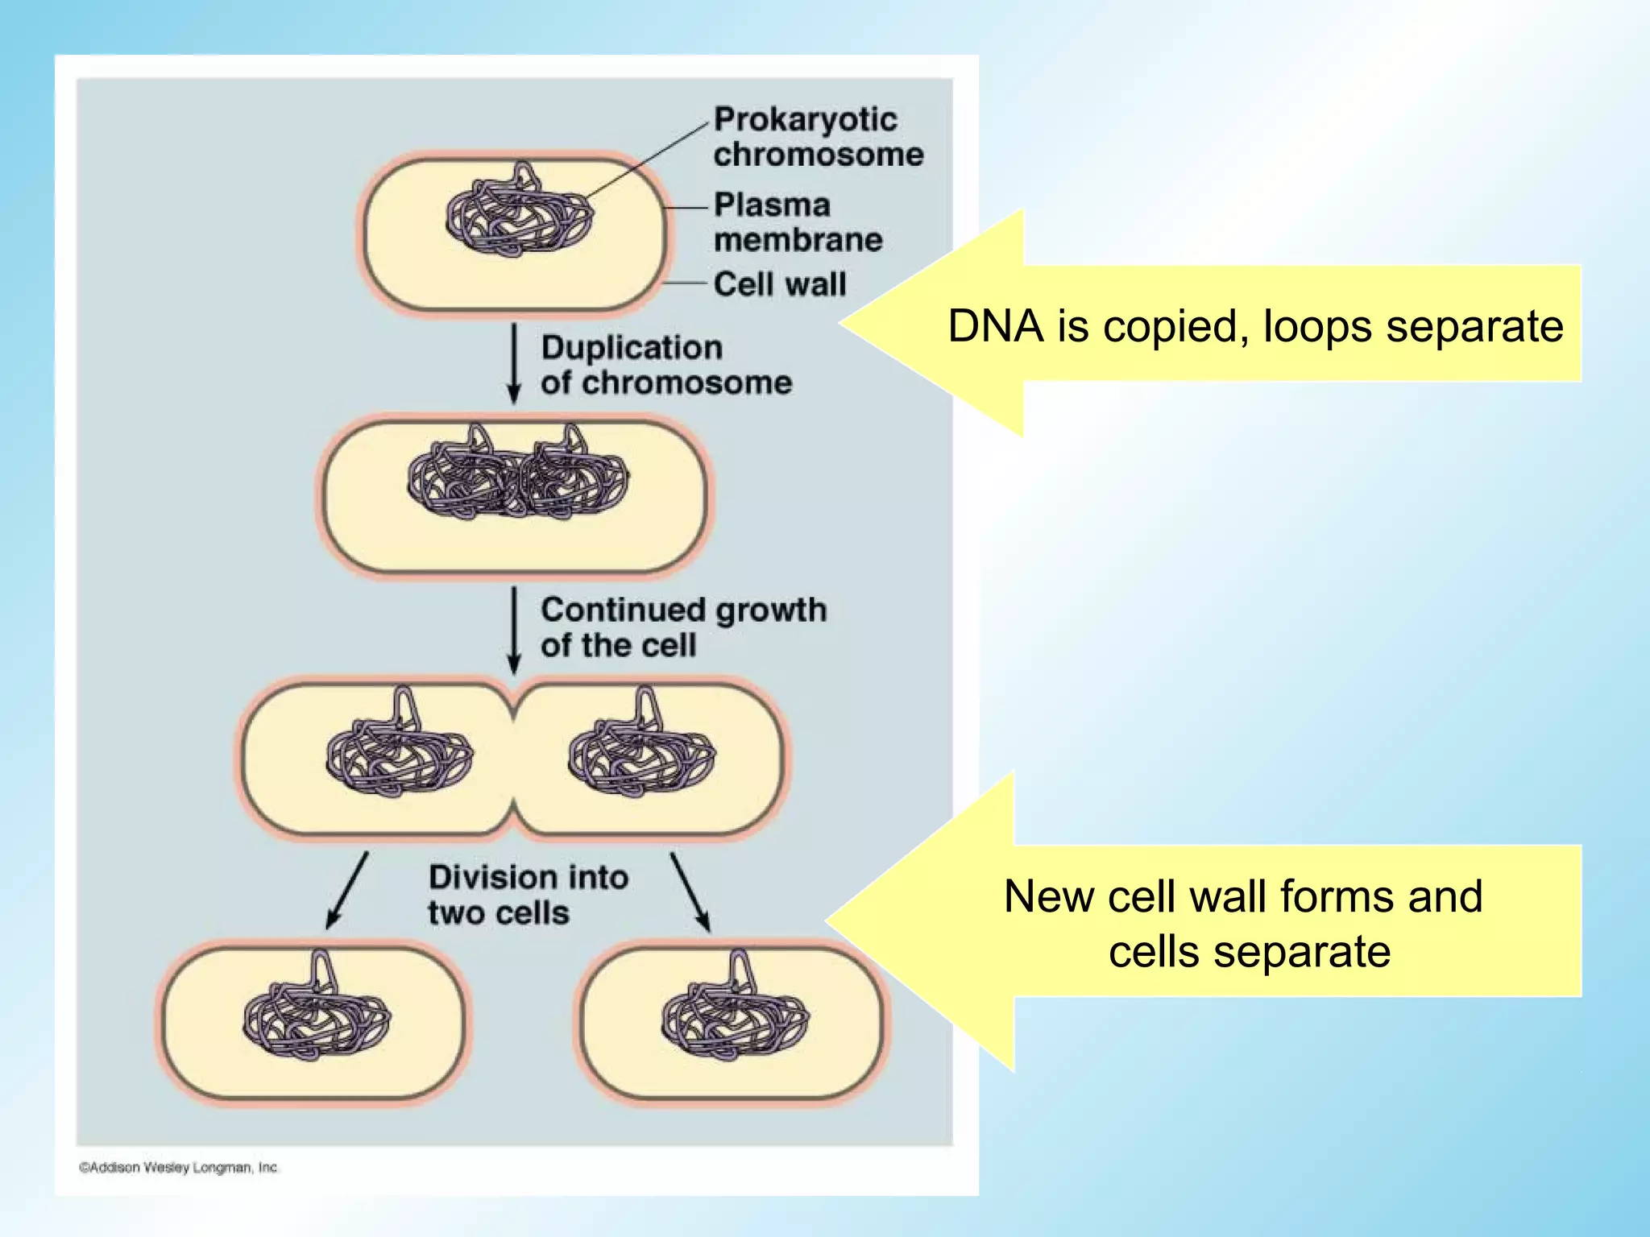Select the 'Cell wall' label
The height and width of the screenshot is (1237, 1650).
(780, 284)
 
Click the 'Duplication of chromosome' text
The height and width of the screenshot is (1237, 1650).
(665, 365)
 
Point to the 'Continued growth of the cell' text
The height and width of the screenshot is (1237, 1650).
(683, 627)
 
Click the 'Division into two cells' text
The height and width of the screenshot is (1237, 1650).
(528, 895)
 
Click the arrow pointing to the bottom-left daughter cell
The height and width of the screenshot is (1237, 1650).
(347, 890)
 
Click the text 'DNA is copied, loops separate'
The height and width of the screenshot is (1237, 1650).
(1255, 326)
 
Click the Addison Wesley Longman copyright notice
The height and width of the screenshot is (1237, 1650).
(178, 1167)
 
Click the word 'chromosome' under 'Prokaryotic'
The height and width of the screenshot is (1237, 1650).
(819, 155)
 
